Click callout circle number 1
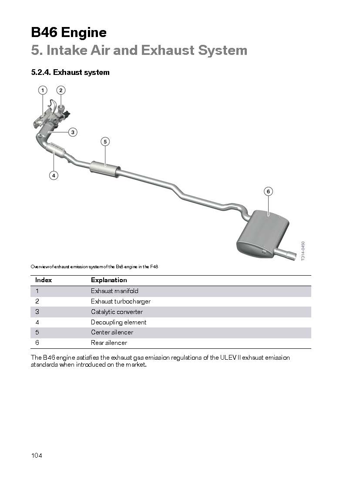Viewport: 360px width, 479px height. point(43,90)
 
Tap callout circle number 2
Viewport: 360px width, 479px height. point(61,90)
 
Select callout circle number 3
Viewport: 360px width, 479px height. point(73,132)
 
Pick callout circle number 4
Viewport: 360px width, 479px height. point(54,175)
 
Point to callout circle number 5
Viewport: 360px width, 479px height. point(105,142)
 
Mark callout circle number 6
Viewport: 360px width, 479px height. point(268,192)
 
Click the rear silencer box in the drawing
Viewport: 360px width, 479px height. point(262,234)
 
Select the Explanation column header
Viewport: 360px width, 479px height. point(109,280)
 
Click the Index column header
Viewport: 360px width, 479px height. point(44,280)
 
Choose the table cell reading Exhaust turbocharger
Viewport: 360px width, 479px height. point(121,301)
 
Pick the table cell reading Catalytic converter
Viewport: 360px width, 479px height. point(117,312)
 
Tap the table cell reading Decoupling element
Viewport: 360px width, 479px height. point(118,322)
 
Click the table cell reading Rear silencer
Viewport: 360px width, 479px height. point(109,343)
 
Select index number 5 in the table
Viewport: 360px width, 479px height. point(37,332)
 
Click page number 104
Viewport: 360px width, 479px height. point(37,455)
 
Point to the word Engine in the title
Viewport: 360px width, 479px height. point(84,33)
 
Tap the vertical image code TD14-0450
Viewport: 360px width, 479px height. point(303,251)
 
